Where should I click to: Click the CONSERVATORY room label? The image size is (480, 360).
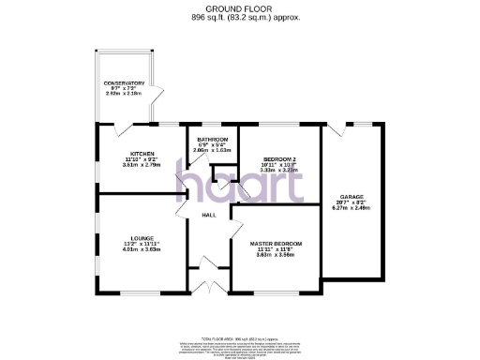coord(124,83)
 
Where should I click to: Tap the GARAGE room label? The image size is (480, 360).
coord(351,197)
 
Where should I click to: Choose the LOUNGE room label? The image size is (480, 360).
coord(143,238)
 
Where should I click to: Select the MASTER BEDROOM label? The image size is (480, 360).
coord(282,244)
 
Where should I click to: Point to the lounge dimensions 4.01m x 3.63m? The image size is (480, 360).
coord(143,249)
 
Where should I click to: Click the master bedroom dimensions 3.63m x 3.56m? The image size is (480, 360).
coord(282,255)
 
